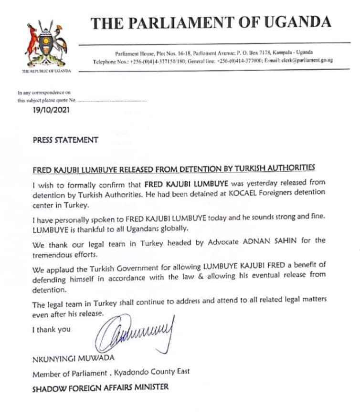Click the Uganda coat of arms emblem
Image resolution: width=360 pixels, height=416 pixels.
pos(46,43)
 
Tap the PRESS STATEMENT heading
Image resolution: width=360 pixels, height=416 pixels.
pos(65,140)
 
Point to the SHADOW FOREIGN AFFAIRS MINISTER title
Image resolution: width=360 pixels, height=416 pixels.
pos(100,387)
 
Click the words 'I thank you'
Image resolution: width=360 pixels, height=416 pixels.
pos(51,329)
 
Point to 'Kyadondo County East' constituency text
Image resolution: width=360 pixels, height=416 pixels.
pos(149,373)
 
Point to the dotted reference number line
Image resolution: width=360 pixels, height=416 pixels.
pos(112,101)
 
